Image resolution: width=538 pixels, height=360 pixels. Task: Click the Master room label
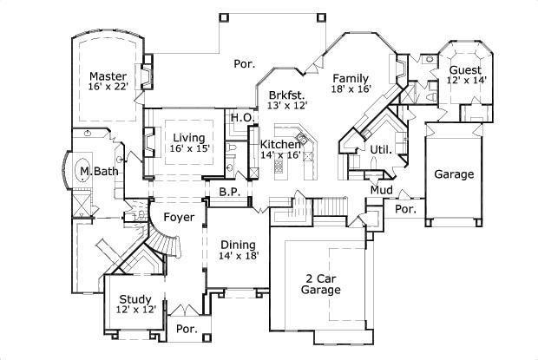[108, 75]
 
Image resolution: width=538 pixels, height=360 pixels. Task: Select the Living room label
[188, 137]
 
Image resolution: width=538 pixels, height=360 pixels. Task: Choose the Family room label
[351, 77]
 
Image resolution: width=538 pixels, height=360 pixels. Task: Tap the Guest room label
[466, 69]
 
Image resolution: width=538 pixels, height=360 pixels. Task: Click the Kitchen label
[280, 144]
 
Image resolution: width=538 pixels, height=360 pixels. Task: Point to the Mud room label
[382, 189]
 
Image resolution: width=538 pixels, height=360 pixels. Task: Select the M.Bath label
[98, 171]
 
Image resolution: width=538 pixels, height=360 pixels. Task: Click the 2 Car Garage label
[319, 285]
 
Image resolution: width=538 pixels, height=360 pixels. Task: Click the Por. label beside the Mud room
[404, 209]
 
